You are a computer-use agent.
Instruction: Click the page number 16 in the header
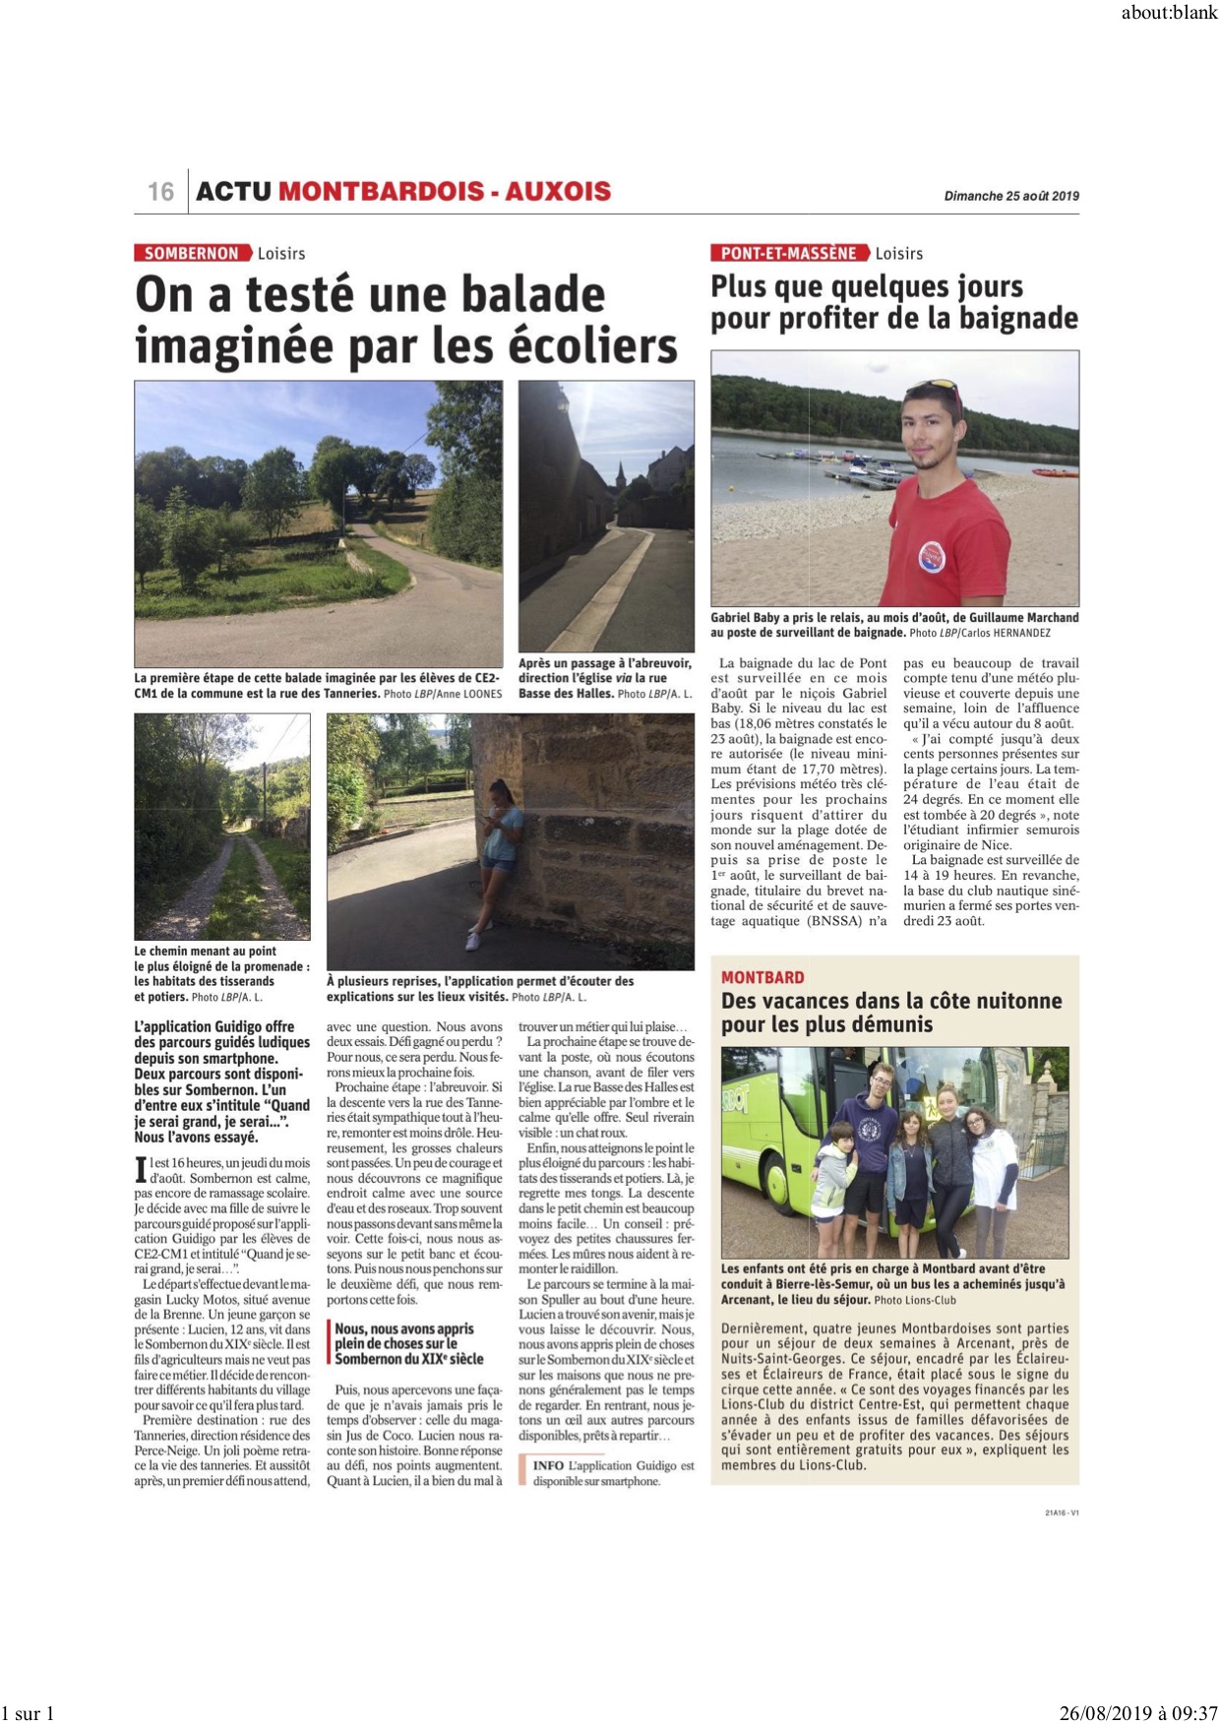tap(161, 191)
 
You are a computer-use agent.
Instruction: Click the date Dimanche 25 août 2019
tap(1011, 196)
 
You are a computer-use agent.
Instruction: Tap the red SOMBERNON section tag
tap(192, 253)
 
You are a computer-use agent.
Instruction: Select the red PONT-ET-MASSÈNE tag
tap(789, 253)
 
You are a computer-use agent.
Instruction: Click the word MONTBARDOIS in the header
tap(381, 191)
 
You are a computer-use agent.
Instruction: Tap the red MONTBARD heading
tap(762, 977)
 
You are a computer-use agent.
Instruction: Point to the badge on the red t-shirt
tap(930, 556)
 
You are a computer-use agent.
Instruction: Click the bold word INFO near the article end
tap(548, 1465)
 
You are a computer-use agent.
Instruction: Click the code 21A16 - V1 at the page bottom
tap(1062, 1512)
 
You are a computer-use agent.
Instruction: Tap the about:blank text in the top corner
tap(1169, 13)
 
